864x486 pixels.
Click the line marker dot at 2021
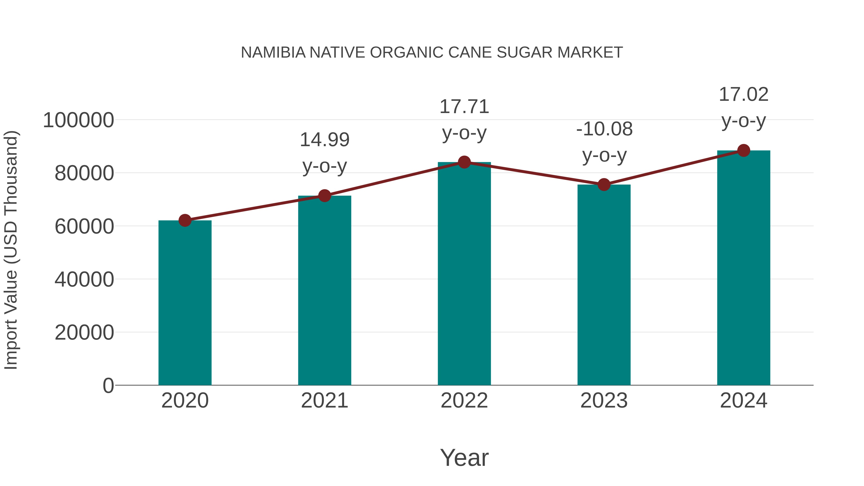coord(325,196)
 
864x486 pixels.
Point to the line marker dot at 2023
coord(604,185)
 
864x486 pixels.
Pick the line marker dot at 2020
coord(185,220)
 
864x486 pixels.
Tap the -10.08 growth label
coord(604,129)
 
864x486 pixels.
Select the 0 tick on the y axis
coord(108,385)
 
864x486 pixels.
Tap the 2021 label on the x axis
coord(325,401)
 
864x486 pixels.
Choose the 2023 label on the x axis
coord(604,401)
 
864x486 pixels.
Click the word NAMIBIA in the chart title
coord(273,53)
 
